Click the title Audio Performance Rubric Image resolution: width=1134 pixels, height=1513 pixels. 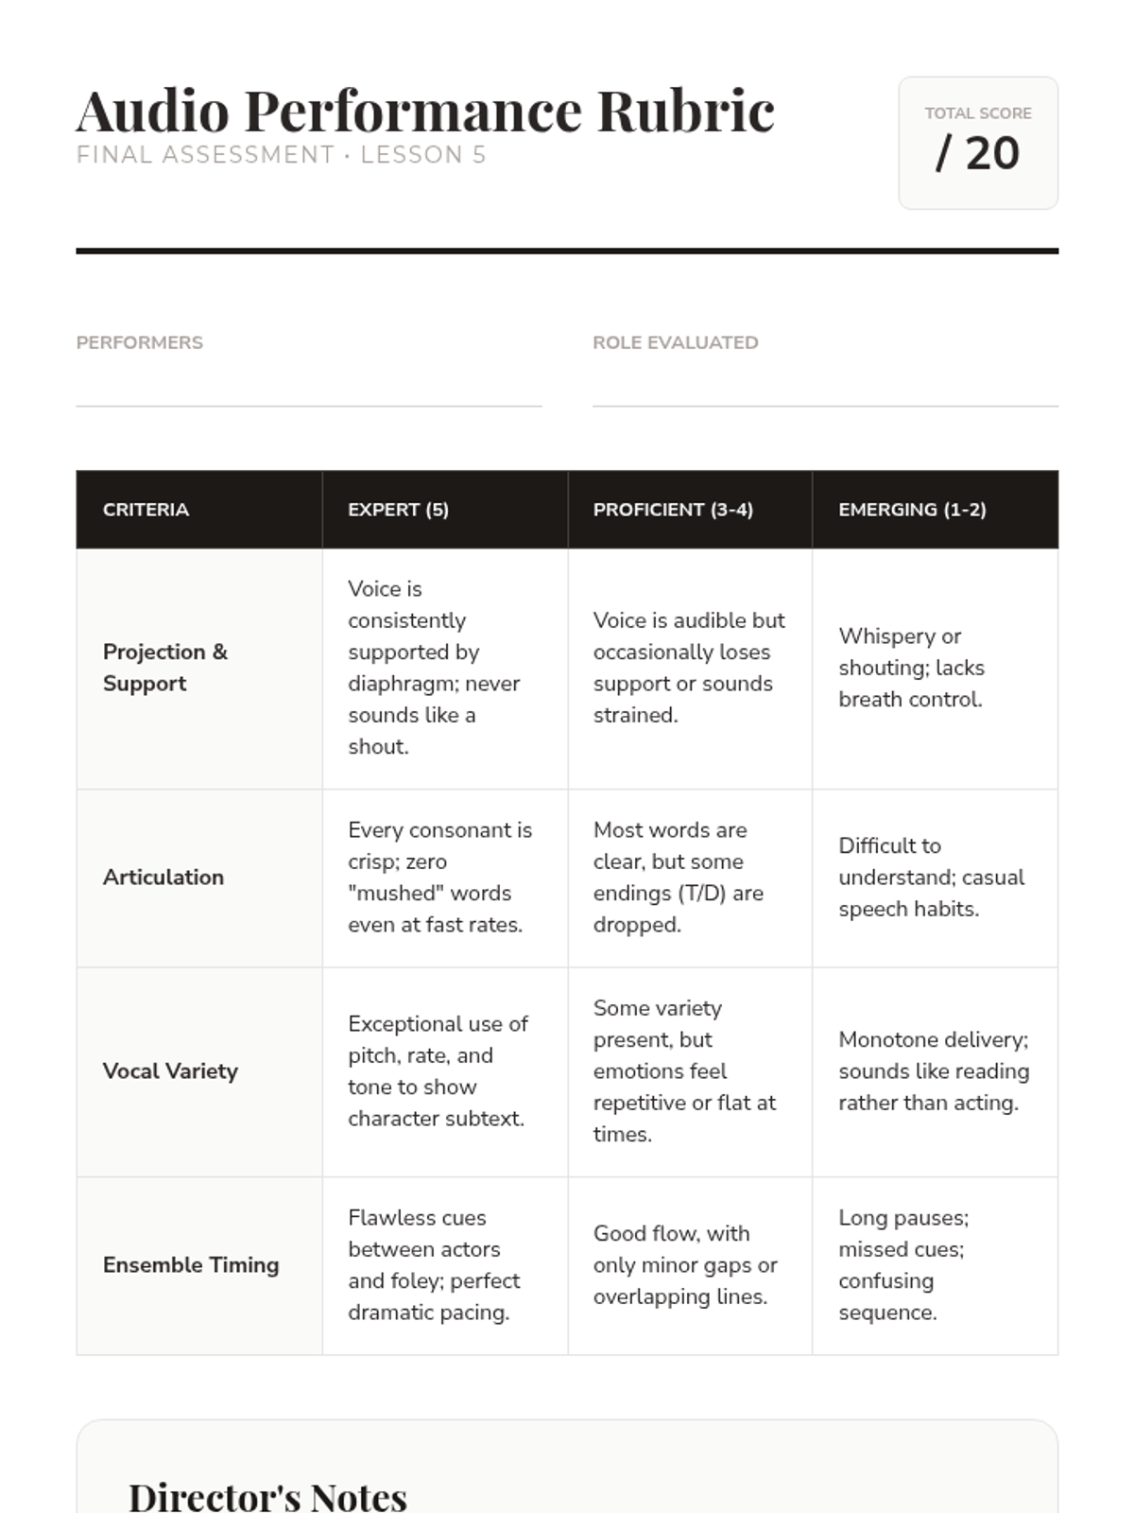click(x=425, y=111)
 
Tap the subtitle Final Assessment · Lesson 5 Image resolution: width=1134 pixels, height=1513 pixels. click(x=281, y=155)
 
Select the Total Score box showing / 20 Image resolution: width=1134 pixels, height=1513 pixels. click(x=977, y=143)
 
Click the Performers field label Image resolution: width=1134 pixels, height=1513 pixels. click(x=140, y=342)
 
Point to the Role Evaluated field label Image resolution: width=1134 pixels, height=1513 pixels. click(x=675, y=342)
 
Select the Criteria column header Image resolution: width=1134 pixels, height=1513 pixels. click(x=146, y=510)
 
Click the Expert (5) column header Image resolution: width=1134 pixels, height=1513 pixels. click(x=398, y=510)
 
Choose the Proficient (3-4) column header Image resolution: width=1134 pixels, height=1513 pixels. click(x=673, y=510)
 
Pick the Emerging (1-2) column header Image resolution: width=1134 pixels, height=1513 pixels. click(x=912, y=510)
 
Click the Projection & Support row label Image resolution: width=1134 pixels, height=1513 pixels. click(x=165, y=668)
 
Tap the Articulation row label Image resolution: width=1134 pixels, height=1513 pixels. click(x=163, y=878)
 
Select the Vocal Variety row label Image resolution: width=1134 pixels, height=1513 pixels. click(x=170, y=1071)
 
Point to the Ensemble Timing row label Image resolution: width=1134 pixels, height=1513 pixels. click(x=191, y=1265)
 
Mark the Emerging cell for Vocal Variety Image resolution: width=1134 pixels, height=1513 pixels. click(x=934, y=1071)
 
